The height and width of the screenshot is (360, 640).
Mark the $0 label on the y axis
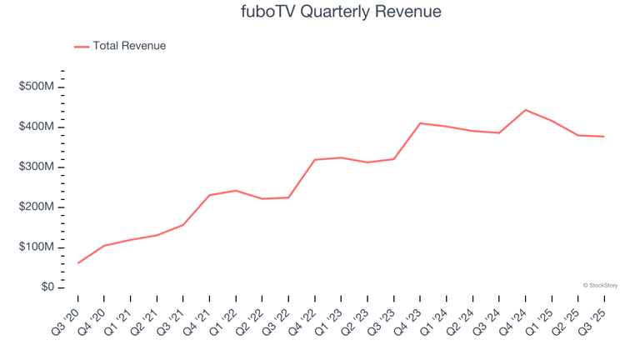pos(47,287)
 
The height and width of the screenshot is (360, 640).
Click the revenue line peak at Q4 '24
pos(525,110)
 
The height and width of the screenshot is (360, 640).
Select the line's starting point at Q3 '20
pos(78,262)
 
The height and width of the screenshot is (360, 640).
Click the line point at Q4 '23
pos(420,123)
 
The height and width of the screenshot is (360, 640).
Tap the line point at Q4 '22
pos(315,160)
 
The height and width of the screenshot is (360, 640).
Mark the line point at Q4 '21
pos(209,195)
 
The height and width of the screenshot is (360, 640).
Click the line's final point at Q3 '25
pos(603,137)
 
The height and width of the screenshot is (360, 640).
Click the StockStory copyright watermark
pos(600,285)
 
